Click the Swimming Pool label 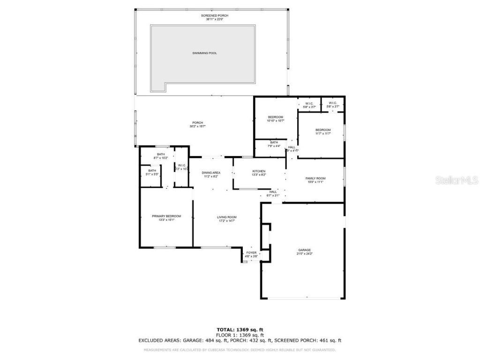(204, 53)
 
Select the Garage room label (304, 250)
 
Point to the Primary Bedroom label (166, 216)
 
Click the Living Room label (226, 217)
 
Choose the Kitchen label (259, 171)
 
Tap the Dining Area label (211, 172)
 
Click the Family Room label (315, 178)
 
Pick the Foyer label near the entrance (251, 253)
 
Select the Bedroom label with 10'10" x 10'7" (276, 117)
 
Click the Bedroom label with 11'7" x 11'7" (322, 130)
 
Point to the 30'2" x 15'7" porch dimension (197, 127)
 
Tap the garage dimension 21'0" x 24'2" (304, 254)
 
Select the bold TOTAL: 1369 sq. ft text (240, 330)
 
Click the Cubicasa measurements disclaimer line (240, 350)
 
